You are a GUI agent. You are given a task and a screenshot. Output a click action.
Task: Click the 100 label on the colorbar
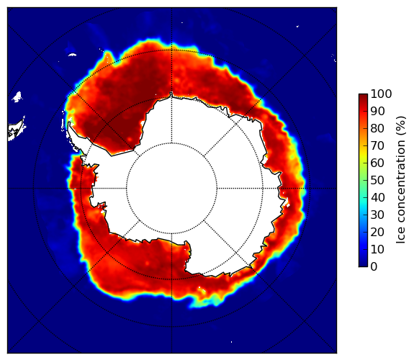381,94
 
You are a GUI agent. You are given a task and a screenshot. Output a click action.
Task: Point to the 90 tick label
377,111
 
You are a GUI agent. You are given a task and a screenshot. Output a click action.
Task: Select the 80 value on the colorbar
377,129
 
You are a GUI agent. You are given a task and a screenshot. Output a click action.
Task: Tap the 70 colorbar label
377,145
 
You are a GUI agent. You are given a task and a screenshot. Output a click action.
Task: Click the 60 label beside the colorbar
377,163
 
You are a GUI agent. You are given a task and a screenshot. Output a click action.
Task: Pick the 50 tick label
377,181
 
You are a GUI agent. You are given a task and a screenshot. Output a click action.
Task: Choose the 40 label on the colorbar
377,197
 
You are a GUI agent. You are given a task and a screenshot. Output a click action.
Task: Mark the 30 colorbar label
377,215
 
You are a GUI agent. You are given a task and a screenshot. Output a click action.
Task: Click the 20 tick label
377,232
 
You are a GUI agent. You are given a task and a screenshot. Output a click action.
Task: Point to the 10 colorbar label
377,249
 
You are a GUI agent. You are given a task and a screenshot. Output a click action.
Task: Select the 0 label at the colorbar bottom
374,267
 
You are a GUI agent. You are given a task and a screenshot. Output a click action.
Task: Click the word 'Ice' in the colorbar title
400,235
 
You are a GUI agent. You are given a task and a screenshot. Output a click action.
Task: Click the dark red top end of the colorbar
363,96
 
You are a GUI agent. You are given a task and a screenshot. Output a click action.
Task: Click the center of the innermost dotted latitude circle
171,189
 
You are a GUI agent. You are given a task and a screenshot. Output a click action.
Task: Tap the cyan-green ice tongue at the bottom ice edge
206,303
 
